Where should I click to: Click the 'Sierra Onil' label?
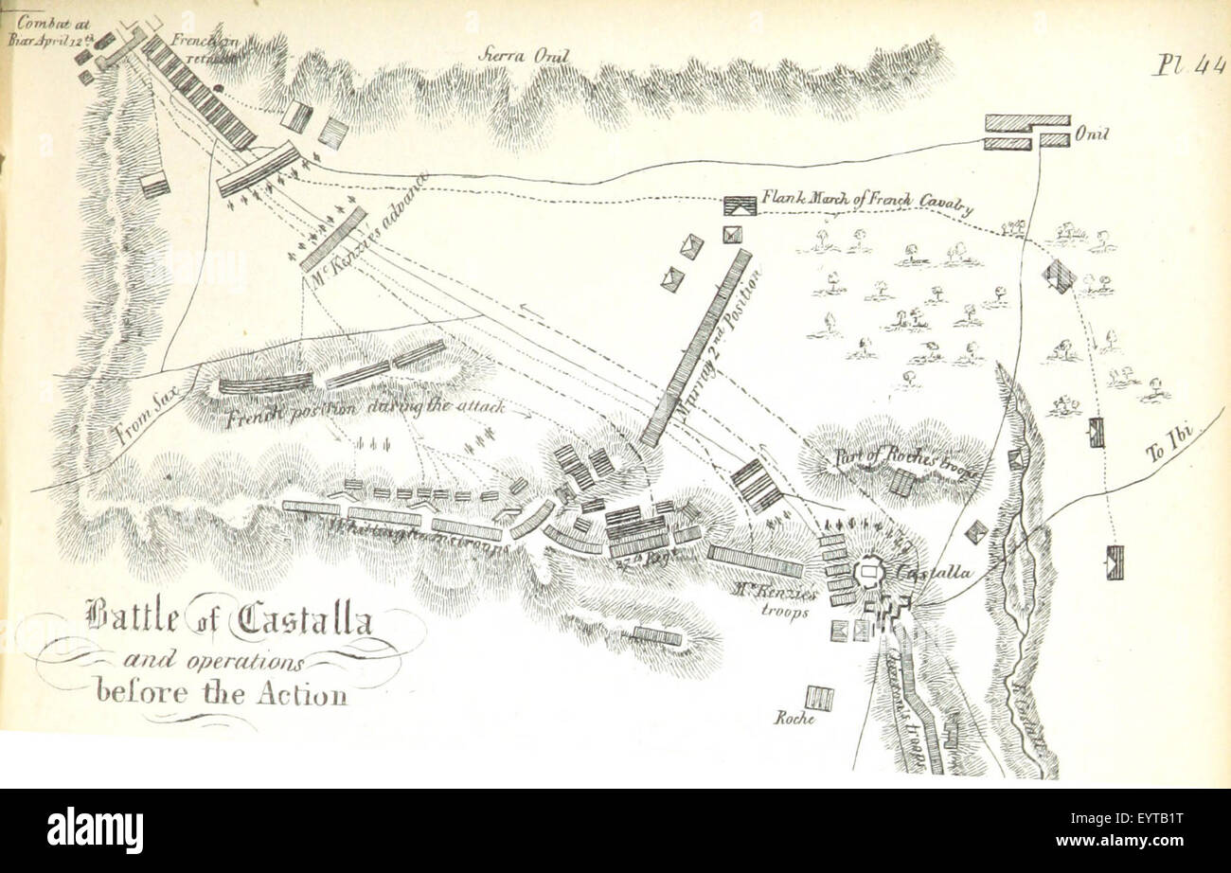(524, 56)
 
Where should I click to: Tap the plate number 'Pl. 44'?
(1189, 65)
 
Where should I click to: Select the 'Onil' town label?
(1090, 135)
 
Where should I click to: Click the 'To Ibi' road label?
(1170, 443)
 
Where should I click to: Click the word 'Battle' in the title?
(132, 619)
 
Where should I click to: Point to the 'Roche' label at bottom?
(795, 719)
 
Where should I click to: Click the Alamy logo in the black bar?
(96, 830)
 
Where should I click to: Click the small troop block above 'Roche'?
(819, 698)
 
